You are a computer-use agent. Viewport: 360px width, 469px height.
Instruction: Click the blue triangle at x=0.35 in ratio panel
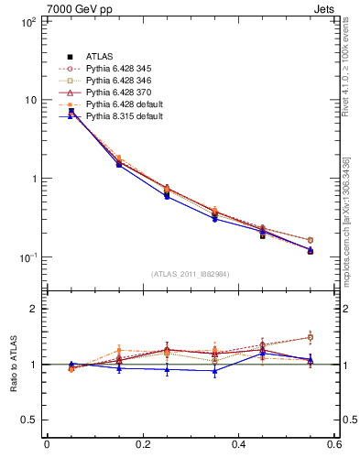point(214,370)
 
